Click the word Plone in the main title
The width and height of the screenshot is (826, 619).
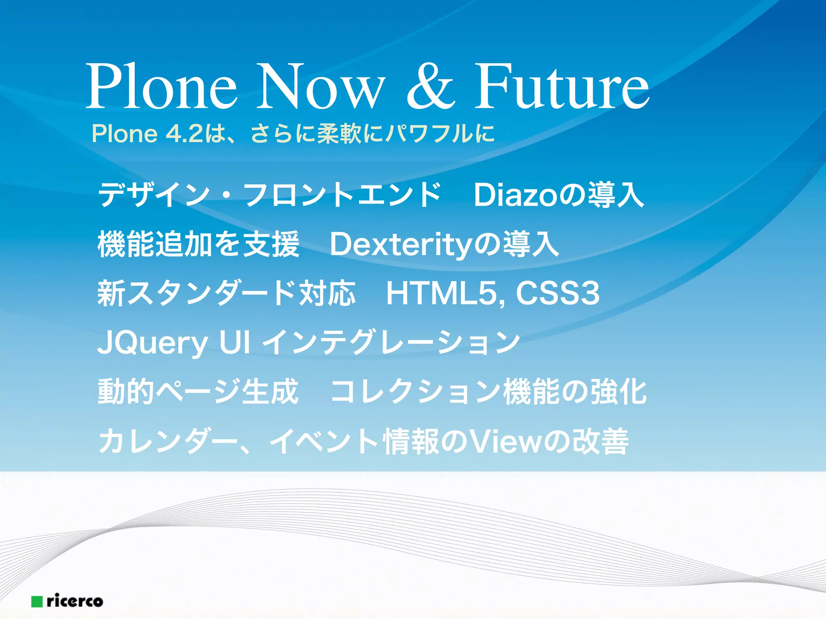pos(161,87)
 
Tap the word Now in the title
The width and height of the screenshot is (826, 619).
pos(321,87)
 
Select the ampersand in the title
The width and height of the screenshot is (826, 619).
pos(430,87)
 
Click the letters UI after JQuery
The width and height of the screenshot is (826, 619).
pos(234,343)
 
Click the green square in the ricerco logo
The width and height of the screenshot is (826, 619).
pos(37,602)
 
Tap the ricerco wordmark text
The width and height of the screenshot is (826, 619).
pos(75,601)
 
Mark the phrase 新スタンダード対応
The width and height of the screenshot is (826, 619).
pos(226,293)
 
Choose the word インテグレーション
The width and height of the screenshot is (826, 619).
pos(391,343)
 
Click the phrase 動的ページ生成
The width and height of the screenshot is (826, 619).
pos(198,392)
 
